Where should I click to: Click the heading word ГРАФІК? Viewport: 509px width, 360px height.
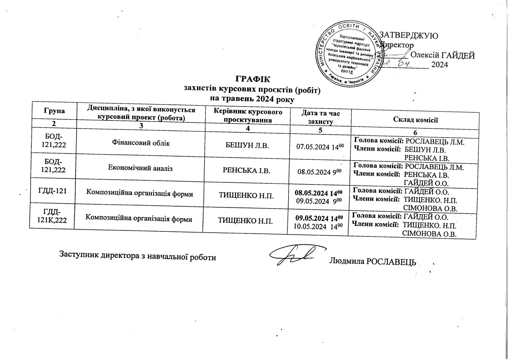click(x=252, y=80)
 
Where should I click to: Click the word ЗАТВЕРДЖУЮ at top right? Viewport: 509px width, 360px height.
click(x=408, y=35)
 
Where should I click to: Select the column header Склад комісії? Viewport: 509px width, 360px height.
click(x=415, y=119)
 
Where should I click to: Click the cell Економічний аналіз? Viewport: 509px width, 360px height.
click(x=140, y=167)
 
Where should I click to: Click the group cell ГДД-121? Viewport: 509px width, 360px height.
click(x=53, y=191)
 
